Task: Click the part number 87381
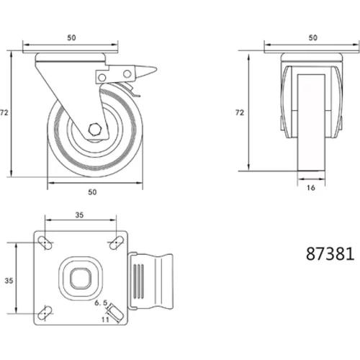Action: tap(330, 254)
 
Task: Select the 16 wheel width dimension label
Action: tap(311, 188)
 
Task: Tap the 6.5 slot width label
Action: tap(101, 303)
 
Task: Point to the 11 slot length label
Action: tap(105, 320)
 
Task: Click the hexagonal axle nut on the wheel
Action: tap(94, 130)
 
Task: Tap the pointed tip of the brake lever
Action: tap(156, 70)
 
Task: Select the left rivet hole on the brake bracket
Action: tap(102, 78)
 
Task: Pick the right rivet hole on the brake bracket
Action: tap(127, 74)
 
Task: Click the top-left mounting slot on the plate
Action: tap(45, 243)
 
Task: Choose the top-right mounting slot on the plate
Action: tap(117, 243)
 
